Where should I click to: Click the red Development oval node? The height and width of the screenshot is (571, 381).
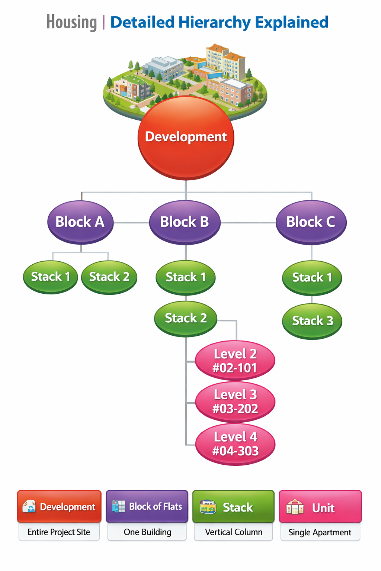pyautogui.click(x=186, y=138)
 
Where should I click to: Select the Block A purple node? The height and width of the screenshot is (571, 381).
pyautogui.click(x=80, y=222)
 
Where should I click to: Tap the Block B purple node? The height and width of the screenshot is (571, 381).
pyautogui.click(x=185, y=222)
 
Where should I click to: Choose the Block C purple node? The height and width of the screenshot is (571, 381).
pyautogui.click(x=311, y=222)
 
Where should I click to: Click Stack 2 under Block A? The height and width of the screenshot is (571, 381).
pyautogui.click(x=109, y=277)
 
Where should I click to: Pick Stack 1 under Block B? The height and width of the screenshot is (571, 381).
pyautogui.click(x=186, y=277)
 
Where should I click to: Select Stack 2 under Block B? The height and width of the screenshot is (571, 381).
pyautogui.click(x=186, y=319)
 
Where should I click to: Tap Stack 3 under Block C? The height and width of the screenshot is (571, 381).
pyautogui.click(x=312, y=321)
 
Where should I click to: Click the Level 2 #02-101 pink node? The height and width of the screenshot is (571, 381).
pyautogui.click(x=235, y=361)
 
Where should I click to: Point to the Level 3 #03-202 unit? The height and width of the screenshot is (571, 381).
pyautogui.click(x=235, y=401)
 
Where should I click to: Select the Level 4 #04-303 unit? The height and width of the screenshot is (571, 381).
pyautogui.click(x=235, y=444)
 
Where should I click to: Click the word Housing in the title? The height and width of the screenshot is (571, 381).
pyautogui.click(x=71, y=22)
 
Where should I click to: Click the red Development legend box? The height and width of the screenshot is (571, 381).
pyautogui.click(x=59, y=506)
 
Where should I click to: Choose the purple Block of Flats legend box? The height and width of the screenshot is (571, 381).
pyautogui.click(x=147, y=506)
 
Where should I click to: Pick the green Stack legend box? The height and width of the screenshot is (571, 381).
pyautogui.click(x=233, y=507)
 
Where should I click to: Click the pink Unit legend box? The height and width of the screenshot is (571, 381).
pyautogui.click(x=320, y=507)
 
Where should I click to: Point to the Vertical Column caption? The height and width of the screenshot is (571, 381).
pyautogui.click(x=234, y=532)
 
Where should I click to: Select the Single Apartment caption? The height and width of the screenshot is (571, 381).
pyautogui.click(x=320, y=533)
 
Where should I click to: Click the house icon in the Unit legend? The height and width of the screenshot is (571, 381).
pyautogui.click(x=295, y=507)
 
